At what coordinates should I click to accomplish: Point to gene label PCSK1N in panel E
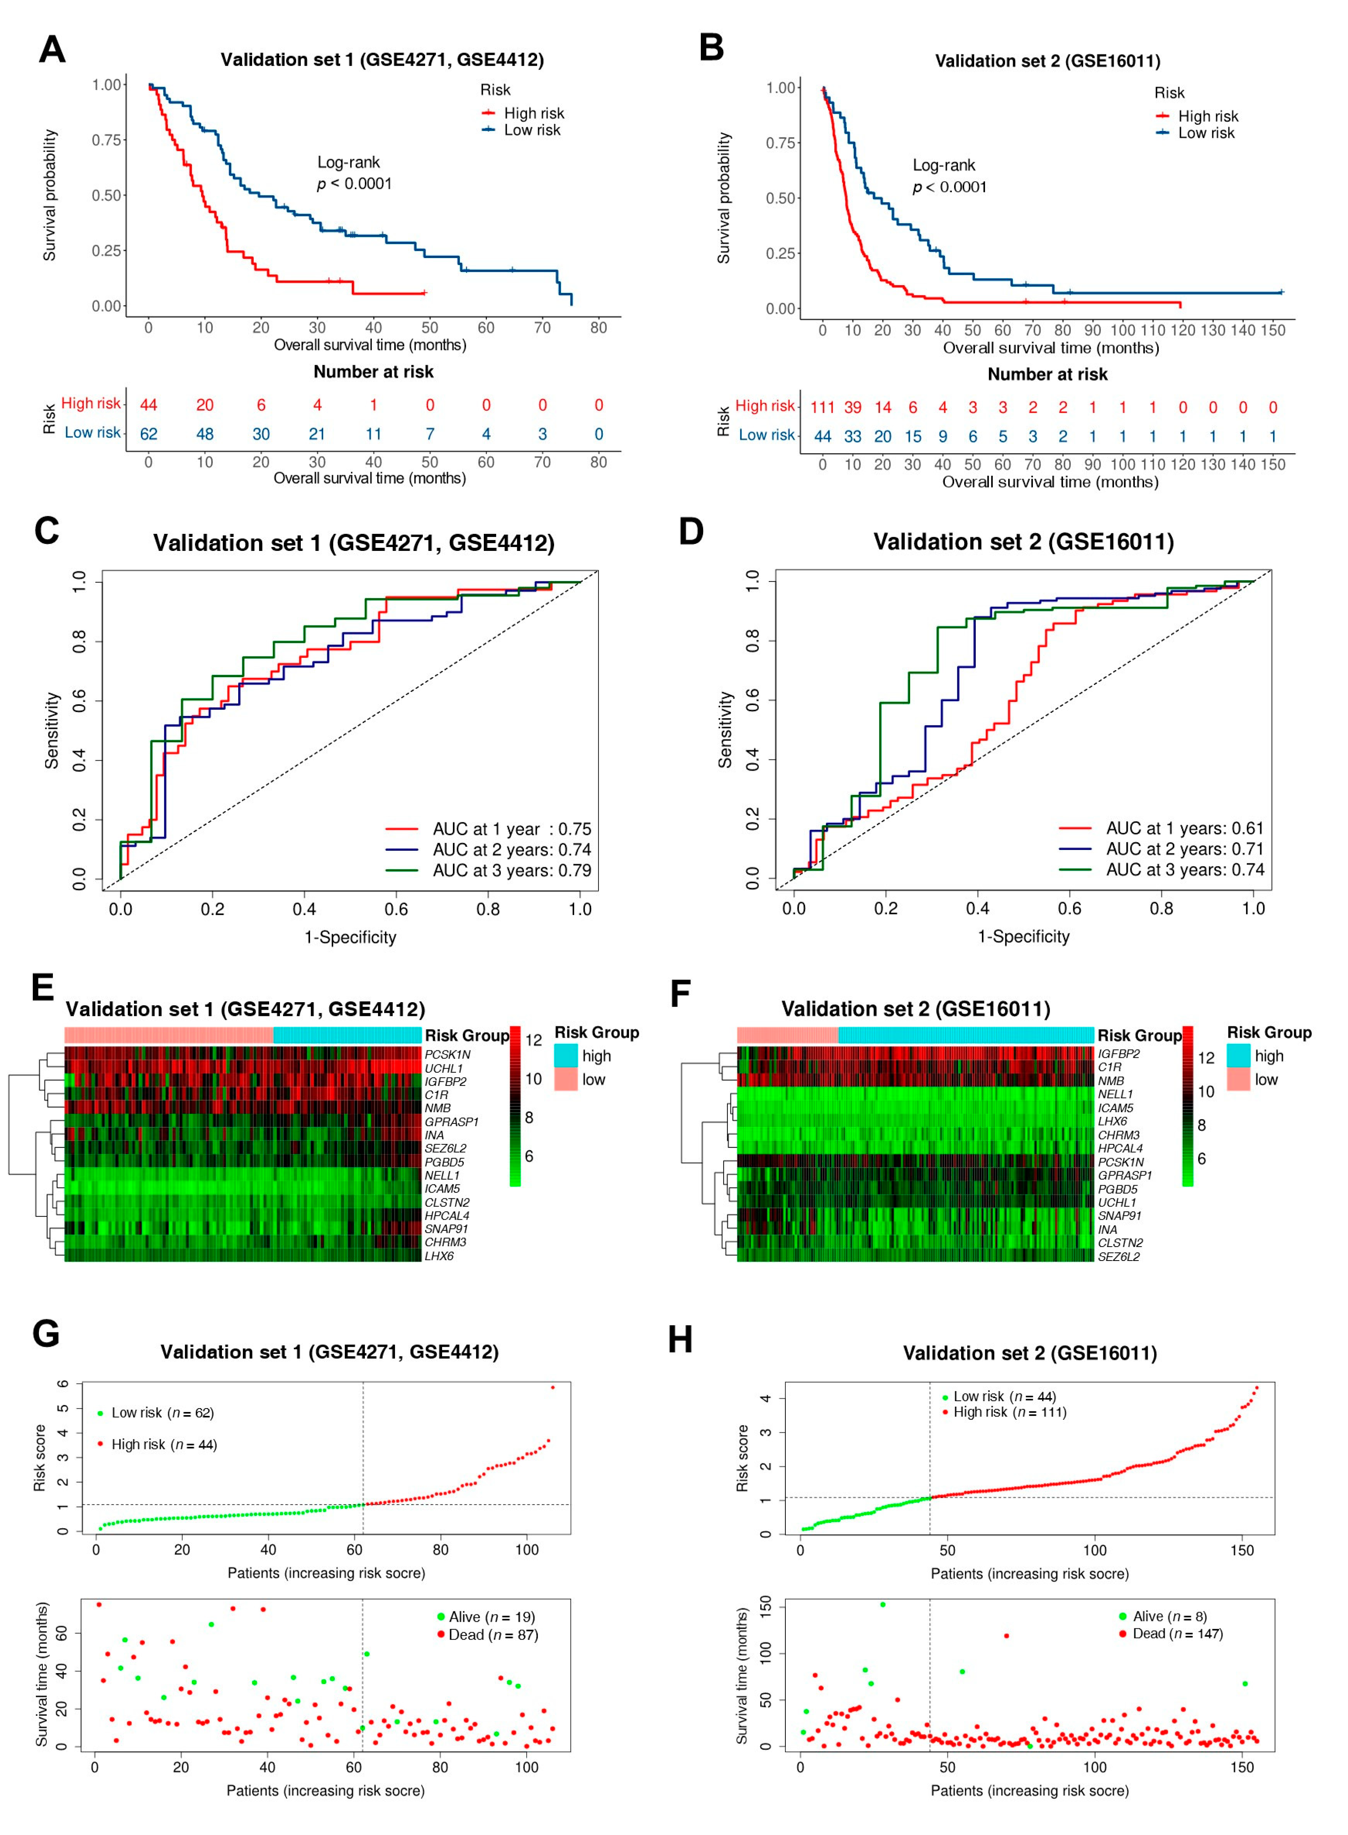pos(447,1055)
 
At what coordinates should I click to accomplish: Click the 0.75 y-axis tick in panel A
pos(106,140)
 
